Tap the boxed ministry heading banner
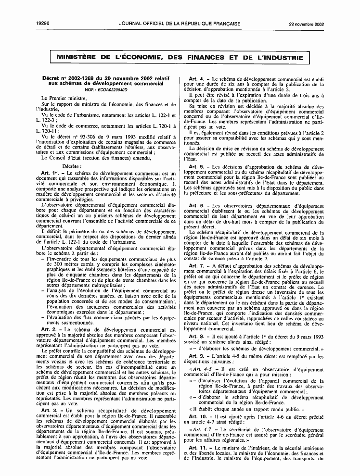(180, 58)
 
